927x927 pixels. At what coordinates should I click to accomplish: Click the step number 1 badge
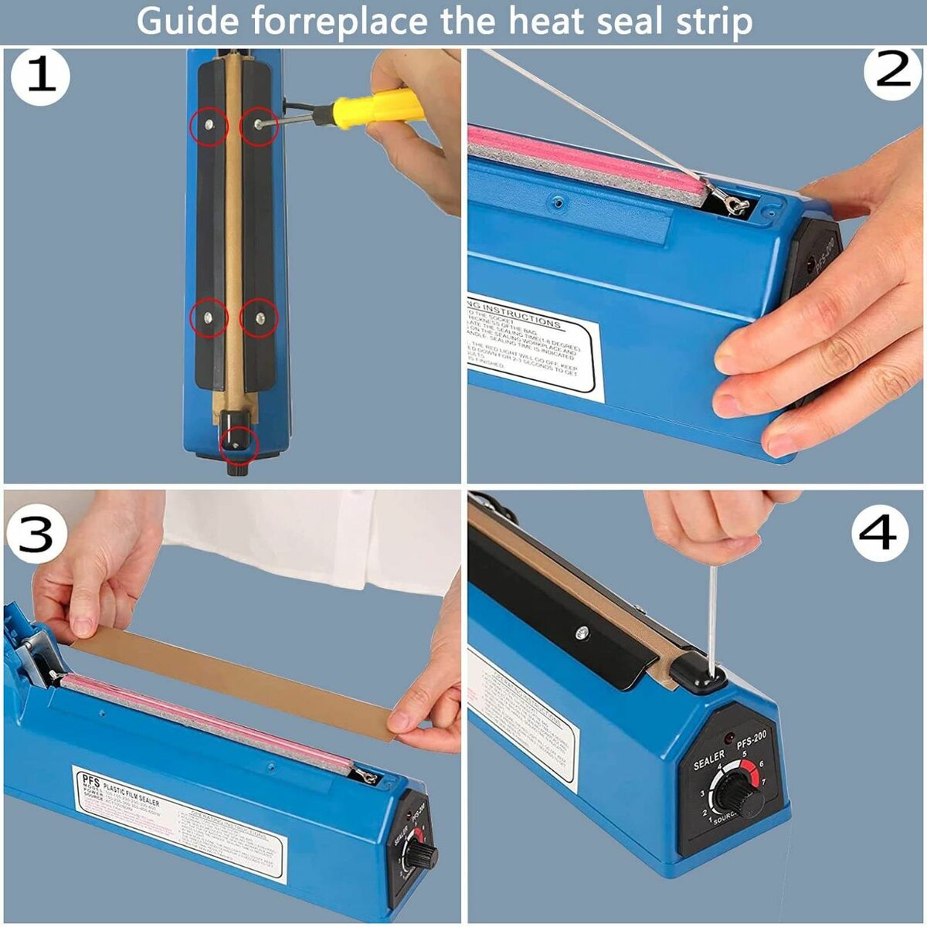pos(40,77)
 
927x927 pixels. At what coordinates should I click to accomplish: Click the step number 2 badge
pos(893,73)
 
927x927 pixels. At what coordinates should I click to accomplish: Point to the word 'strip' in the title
pos(710,23)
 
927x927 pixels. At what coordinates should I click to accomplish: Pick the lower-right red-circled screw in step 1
pos(258,317)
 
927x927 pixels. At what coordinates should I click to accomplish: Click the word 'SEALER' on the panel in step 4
pos(708,759)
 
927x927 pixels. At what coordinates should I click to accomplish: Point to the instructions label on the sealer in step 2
pos(533,345)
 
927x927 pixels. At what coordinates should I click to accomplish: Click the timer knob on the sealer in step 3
pos(421,854)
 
